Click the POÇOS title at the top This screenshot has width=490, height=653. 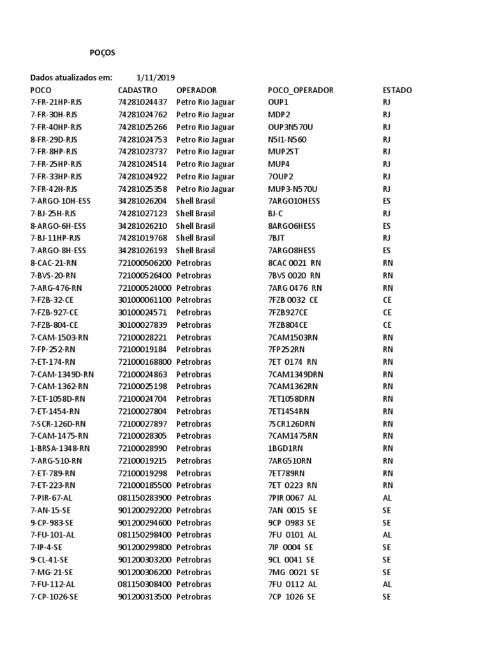tap(102, 53)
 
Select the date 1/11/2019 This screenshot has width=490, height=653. tap(156, 78)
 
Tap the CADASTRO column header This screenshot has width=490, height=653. tap(137, 90)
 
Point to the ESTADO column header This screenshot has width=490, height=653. tap(397, 90)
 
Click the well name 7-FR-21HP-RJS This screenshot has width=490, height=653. tap(56, 102)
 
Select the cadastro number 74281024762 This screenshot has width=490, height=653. tap(143, 115)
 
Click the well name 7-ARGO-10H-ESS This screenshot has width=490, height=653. tap(61, 201)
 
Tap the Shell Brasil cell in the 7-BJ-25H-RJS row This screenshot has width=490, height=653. tap(196, 214)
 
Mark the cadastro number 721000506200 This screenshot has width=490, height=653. tap(145, 263)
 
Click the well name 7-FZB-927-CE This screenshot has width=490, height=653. tap(54, 312)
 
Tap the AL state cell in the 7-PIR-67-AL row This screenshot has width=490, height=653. tap(387, 497)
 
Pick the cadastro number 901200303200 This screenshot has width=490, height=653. tap(145, 559)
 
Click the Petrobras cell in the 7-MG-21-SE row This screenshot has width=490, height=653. tap(193, 572)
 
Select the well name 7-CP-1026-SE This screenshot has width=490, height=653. tap(56, 597)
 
